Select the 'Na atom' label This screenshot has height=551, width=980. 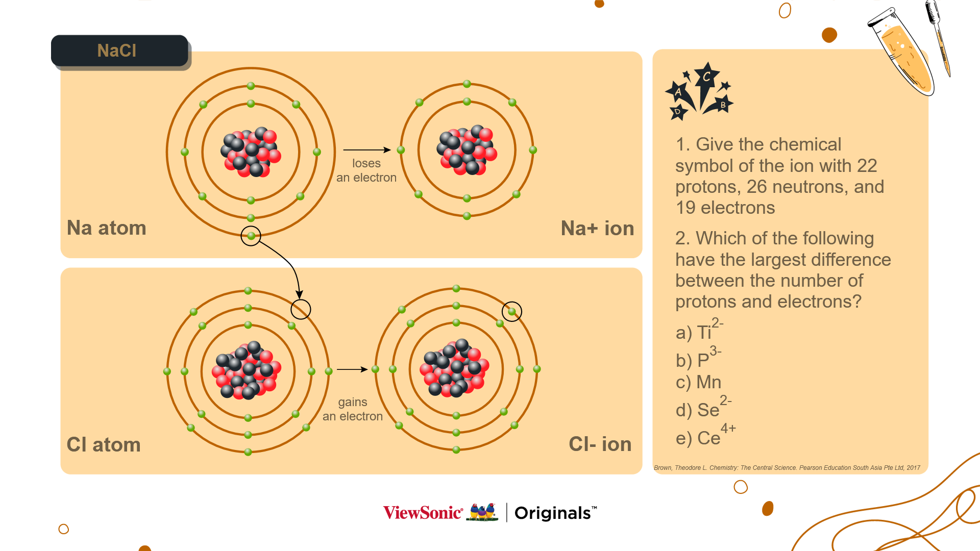[x=106, y=228]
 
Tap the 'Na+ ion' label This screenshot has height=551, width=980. [x=597, y=228]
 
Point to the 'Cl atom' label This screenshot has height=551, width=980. [x=104, y=444]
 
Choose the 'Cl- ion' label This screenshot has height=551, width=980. [x=600, y=444]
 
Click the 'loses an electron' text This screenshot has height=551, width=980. [x=366, y=170]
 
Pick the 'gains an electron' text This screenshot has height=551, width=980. [x=353, y=409]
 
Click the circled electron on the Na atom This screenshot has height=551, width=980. [x=251, y=236]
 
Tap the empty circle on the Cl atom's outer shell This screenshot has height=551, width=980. [x=301, y=309]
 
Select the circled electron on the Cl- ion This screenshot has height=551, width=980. [x=512, y=311]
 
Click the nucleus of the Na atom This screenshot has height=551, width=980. [x=251, y=152]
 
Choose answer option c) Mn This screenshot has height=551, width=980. [x=698, y=382]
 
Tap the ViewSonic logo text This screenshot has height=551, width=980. [x=423, y=512]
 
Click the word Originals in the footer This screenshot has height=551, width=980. [x=553, y=513]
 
